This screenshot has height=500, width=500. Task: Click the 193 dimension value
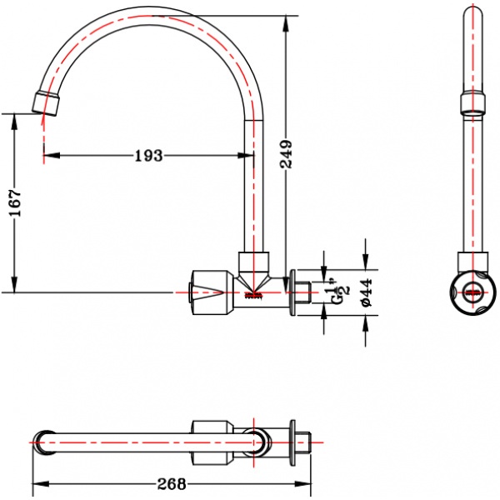coord(148,156)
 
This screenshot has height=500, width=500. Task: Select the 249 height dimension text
coord(286,153)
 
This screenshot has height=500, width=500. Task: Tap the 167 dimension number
coord(15,203)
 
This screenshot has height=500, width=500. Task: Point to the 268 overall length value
coord(172,484)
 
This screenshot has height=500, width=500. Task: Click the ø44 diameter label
coord(367,292)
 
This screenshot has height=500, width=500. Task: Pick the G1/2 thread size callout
coord(341,292)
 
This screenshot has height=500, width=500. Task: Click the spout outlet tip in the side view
coord(46,103)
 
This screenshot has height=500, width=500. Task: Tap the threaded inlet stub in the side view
coord(303,292)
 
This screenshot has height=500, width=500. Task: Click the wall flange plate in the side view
coord(292,292)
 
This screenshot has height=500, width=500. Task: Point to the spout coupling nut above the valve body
coord(254,261)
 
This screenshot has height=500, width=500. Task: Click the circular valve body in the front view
coord(473,292)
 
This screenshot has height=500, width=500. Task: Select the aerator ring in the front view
coord(472,103)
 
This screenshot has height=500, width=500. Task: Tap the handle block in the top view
coord(212,442)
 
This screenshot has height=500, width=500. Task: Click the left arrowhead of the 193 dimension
coord(52,156)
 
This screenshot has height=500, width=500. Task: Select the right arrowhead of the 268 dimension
coord(302,483)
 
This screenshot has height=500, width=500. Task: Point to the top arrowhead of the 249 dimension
coord(286,23)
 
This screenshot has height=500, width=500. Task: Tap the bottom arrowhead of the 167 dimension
coord(14,284)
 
